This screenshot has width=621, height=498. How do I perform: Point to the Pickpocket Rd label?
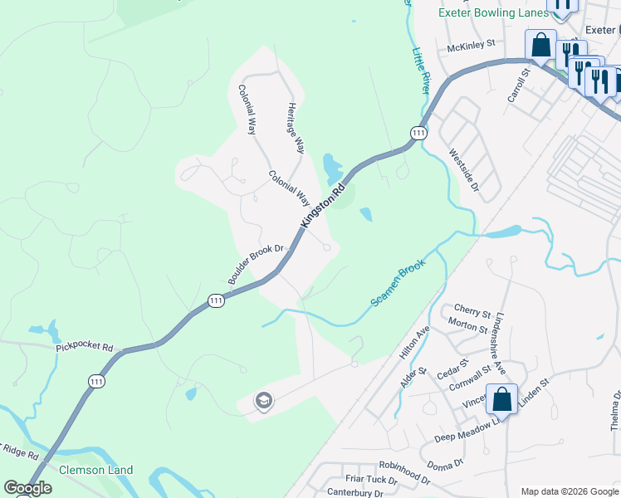[85, 347]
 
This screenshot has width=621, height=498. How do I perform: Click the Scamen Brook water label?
[398, 282]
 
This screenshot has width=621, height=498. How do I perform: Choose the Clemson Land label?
[96, 470]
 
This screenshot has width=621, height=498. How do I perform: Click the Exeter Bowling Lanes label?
[493, 13]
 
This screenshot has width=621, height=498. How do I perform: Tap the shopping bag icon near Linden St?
[502, 399]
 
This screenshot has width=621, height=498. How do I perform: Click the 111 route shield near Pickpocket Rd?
[97, 380]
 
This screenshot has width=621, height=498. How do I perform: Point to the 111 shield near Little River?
[418, 133]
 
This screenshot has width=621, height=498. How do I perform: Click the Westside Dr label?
[463, 169]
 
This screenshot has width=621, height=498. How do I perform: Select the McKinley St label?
[471, 46]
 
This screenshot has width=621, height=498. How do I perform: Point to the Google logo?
[27, 487]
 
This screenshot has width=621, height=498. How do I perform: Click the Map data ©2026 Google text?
[569, 491]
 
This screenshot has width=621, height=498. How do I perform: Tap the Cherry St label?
[472, 312]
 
